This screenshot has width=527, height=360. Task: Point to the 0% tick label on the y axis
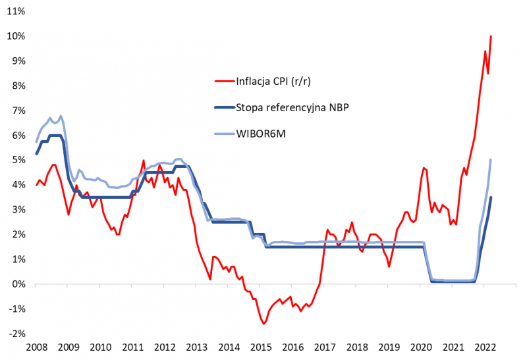click(16, 284)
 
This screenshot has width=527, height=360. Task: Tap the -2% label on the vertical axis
click(15, 334)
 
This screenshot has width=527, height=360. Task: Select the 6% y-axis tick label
click(16, 135)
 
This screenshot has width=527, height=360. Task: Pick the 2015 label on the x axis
click(262, 347)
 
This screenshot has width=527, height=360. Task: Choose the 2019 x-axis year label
click(389, 347)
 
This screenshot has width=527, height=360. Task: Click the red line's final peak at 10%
click(491, 36)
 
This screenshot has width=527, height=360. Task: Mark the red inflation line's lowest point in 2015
click(263, 324)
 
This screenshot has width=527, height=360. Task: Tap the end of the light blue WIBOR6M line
click(491, 159)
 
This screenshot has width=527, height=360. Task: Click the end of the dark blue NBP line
click(491, 197)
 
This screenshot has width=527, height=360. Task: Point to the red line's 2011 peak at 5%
click(143, 160)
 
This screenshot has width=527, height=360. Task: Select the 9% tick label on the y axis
click(16, 61)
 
